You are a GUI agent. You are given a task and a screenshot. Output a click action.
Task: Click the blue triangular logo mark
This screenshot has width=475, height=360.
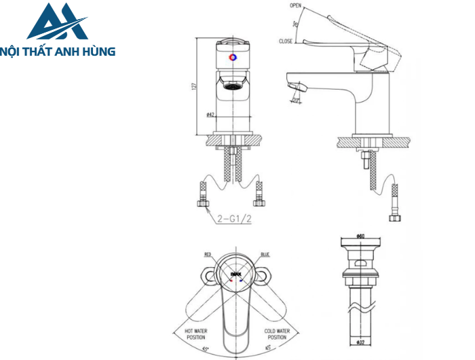(57, 22)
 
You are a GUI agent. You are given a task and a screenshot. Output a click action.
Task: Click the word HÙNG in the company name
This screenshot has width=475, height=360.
(98, 51)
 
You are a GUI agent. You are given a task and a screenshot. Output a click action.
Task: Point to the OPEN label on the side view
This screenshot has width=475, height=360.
(295, 5)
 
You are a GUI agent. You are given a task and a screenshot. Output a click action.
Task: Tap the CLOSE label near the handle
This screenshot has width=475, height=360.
(286, 41)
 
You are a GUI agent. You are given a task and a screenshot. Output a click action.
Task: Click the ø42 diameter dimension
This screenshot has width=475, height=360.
(210, 115)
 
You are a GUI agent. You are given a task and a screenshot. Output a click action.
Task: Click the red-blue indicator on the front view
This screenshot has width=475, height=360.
(233, 58)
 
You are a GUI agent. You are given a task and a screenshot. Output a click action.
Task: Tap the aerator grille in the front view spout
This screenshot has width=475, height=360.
(233, 86)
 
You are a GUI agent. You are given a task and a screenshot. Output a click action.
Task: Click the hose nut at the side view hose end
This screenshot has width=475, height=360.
(394, 217)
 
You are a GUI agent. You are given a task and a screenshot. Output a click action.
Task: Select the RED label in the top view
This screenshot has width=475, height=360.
(208, 255)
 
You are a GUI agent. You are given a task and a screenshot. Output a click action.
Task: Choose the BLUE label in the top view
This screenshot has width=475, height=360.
(264, 255)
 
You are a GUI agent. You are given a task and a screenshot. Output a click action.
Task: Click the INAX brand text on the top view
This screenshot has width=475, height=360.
(235, 276)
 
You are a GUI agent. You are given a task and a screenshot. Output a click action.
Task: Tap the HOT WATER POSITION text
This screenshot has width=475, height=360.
(196, 334)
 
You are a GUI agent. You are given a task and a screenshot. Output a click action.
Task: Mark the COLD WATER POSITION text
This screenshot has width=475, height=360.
(276, 334)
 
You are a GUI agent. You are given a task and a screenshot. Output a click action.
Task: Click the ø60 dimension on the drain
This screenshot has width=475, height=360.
(360, 236)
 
